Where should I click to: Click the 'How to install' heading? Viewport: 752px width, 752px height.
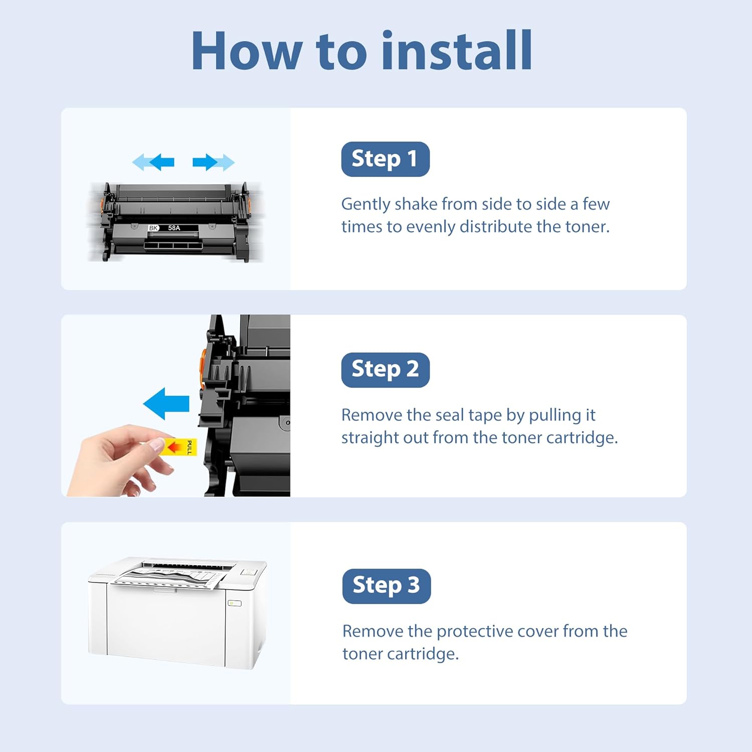(361, 51)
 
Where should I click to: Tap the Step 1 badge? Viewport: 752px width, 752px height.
(385, 159)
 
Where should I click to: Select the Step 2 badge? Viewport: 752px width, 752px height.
(385, 370)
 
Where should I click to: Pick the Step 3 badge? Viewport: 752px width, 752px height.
(386, 586)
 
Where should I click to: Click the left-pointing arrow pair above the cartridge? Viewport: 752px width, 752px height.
(153, 162)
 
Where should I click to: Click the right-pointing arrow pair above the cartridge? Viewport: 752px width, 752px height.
(214, 162)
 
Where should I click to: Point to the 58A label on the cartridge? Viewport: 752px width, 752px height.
(174, 228)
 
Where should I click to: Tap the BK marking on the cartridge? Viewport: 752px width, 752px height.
(153, 228)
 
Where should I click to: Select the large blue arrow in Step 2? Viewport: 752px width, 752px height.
(166, 404)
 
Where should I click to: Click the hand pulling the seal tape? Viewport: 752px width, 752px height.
(120, 460)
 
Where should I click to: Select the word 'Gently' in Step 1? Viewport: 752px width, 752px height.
(366, 205)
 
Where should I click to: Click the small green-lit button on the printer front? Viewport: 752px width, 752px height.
(235, 603)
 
